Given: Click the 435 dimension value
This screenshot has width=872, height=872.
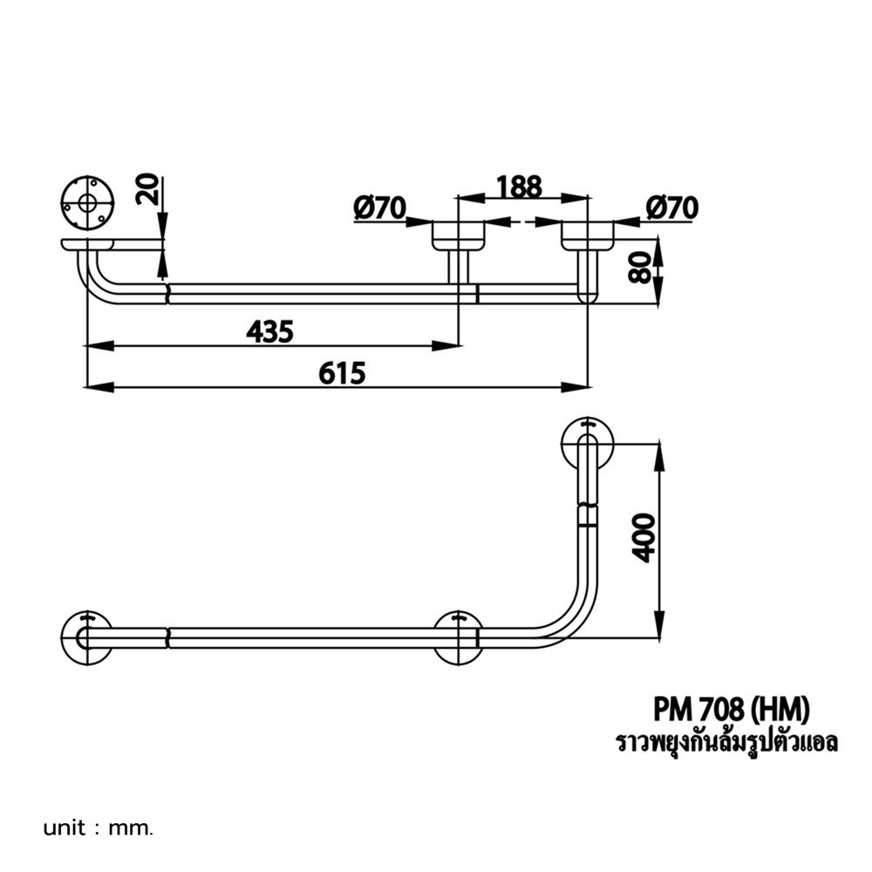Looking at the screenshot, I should click(x=269, y=330).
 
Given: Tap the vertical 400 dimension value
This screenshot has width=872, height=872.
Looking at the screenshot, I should click(x=644, y=538).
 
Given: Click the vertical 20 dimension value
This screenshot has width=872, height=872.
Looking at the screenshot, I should click(x=150, y=189).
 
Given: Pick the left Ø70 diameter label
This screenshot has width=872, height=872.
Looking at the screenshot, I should click(x=380, y=208).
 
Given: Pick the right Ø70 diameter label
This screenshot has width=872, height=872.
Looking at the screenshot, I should click(x=672, y=208).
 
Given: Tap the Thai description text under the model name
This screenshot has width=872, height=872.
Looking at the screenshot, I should click(x=726, y=743).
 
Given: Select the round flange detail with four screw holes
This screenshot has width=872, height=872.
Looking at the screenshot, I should click(x=86, y=204).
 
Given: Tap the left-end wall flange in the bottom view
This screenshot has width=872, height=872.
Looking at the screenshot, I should click(x=87, y=638).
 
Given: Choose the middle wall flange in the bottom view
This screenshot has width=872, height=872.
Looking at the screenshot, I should click(x=458, y=638).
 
